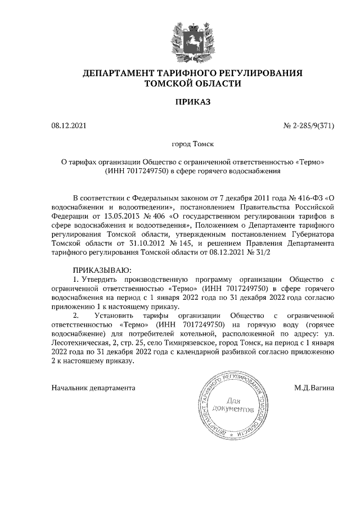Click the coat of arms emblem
[x=192, y=36]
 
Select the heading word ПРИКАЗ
[x=192, y=102]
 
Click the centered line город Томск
[x=192, y=145]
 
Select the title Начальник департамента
[x=93, y=388]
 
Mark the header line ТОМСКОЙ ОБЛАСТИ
[x=192, y=84]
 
